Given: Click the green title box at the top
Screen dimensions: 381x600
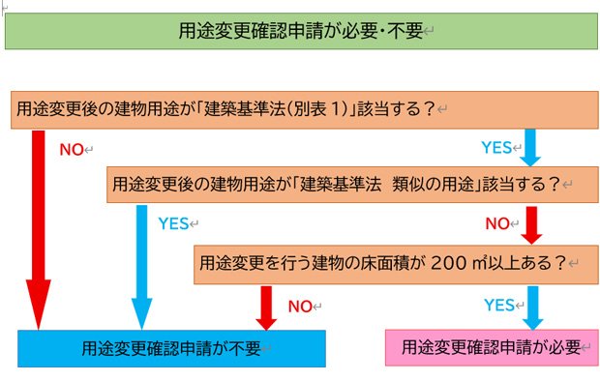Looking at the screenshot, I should tap(300, 30).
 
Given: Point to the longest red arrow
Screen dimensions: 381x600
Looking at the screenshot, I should tap(39, 232).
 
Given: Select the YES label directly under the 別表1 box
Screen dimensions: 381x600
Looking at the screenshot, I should tap(496, 148).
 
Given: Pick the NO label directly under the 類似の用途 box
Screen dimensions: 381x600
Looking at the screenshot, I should tap(497, 223).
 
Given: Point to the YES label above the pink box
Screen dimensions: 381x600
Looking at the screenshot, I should tap(498, 306).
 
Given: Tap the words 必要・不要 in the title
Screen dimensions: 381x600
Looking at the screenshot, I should tap(378, 30).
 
